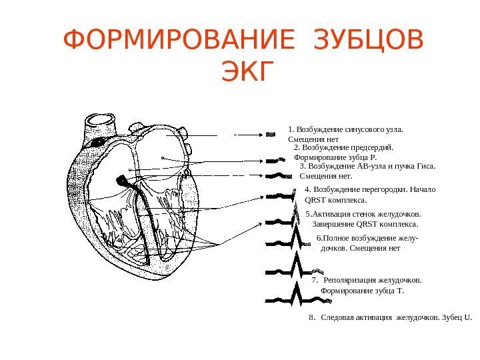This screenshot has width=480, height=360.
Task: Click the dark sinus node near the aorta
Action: tap(97, 142)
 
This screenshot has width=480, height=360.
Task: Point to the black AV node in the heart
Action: tap(122, 180)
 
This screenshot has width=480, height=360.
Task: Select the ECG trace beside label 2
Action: tap(275, 161)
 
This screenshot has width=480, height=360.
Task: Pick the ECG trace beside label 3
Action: tap(279, 176)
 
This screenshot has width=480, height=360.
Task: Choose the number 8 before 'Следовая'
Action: tap(311, 317)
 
